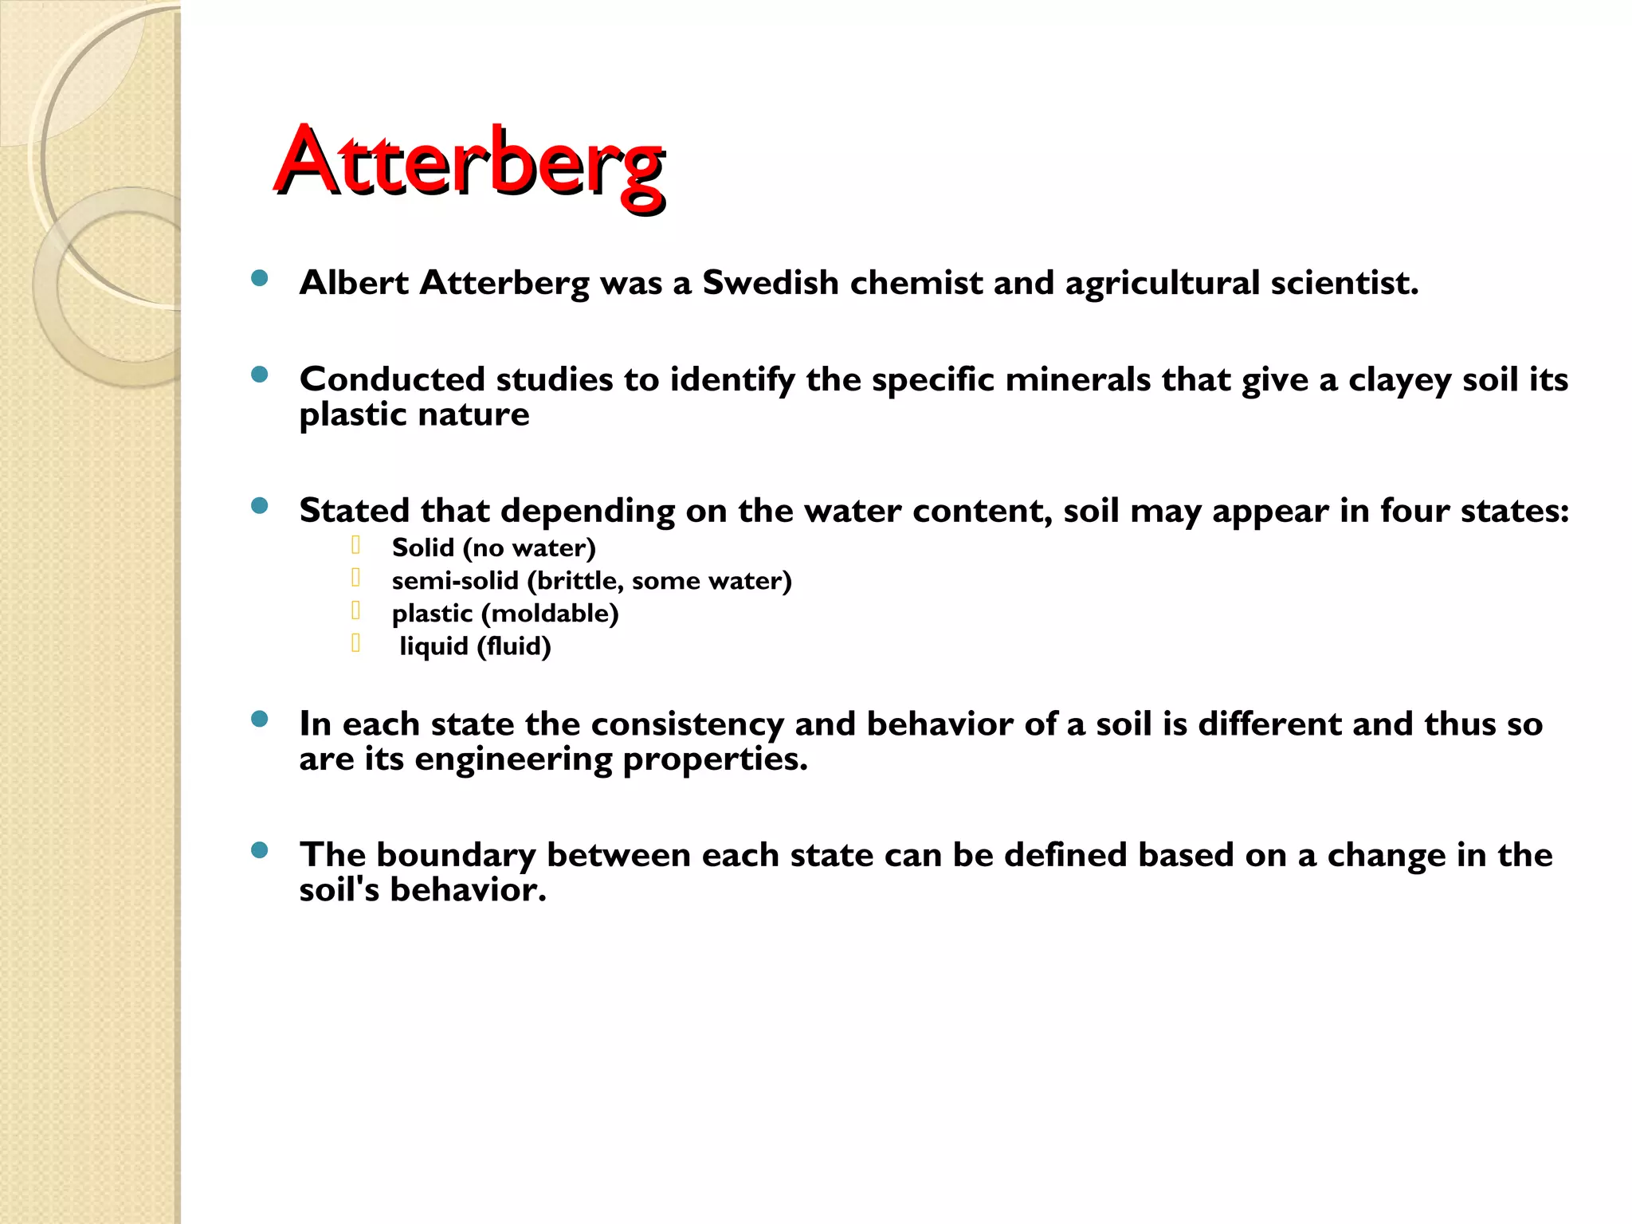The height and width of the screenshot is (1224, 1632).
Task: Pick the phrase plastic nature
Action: pyautogui.click(x=414, y=414)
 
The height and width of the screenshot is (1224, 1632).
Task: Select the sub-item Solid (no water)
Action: pyautogui.click(x=493, y=548)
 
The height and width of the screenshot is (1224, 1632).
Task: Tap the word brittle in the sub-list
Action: pyautogui.click(x=579, y=581)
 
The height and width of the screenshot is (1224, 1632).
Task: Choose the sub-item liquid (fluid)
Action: pyautogui.click(x=475, y=646)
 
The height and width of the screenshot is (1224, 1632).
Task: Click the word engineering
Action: pyautogui.click(x=512, y=759)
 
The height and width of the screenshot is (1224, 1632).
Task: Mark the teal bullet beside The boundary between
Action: pyautogui.click(x=259, y=850)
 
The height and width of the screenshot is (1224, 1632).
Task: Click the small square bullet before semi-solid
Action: pyautogui.click(x=355, y=578)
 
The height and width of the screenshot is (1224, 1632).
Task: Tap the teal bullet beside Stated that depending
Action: pyautogui.click(x=259, y=506)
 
